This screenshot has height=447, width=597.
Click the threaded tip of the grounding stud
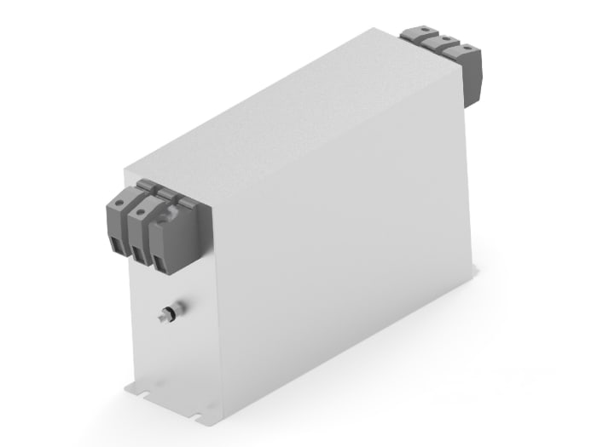click(x=161, y=318)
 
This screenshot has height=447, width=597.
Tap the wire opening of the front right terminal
click(x=159, y=261)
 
